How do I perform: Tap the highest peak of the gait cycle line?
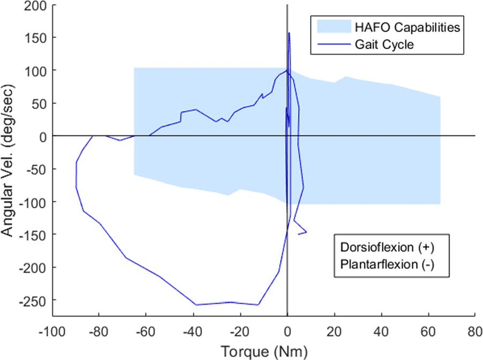click(289, 33)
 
